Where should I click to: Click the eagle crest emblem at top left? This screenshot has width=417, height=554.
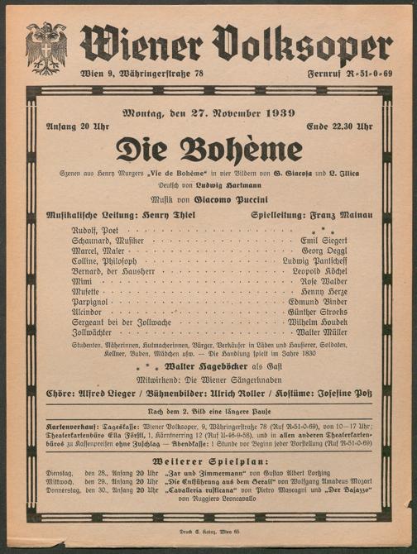46,47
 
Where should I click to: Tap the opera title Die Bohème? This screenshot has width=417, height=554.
208,150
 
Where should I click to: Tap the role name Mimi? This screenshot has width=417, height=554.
82,281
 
